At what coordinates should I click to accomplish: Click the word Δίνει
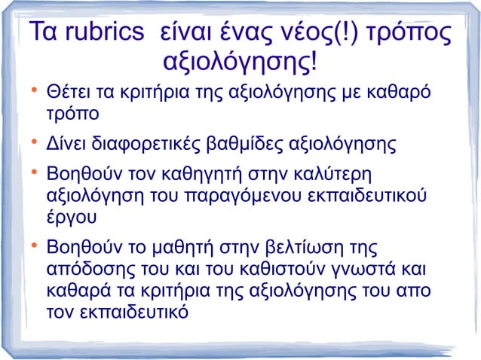pyautogui.click(x=65, y=143)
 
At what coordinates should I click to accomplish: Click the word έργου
pyautogui.click(x=70, y=218)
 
